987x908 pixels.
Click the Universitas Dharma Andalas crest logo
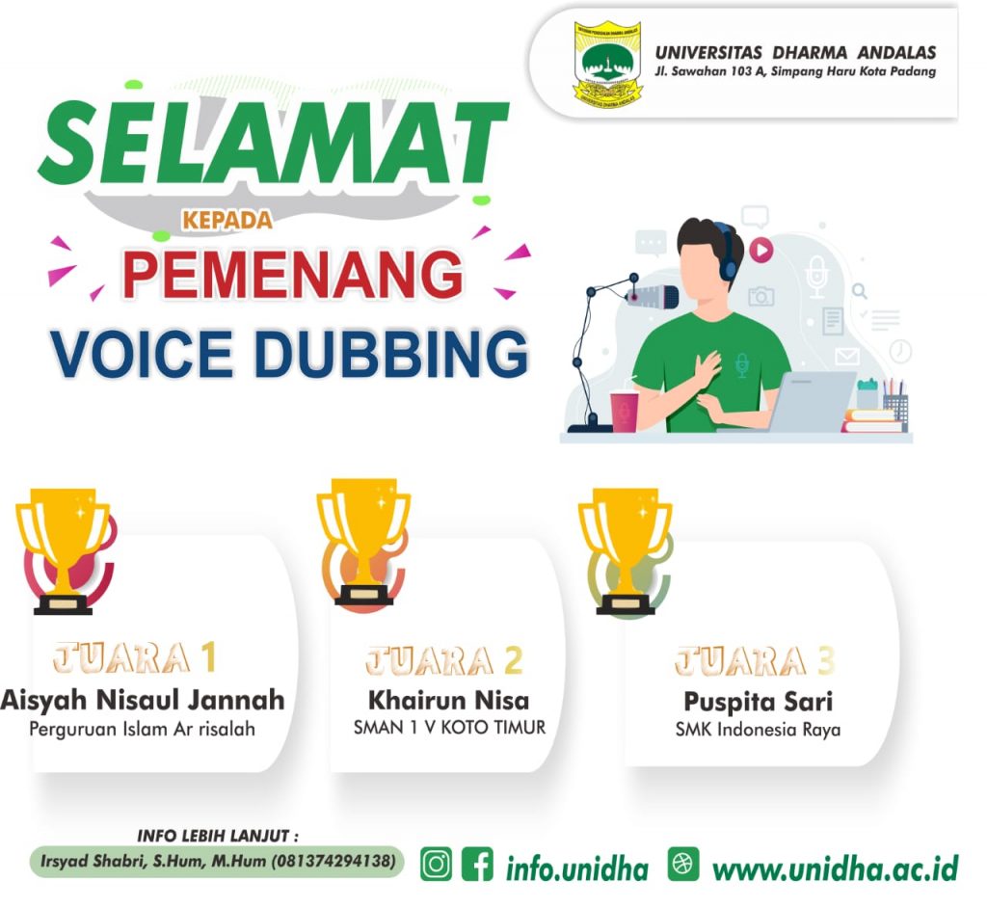pyautogui.click(x=607, y=65)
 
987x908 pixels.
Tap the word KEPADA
pyautogui.click(x=227, y=221)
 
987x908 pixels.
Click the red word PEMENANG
pyautogui.click(x=293, y=275)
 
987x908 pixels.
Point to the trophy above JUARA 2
pyautogui.click(x=363, y=544)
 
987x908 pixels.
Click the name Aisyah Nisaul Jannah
pyautogui.click(x=143, y=700)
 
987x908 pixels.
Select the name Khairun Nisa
pyautogui.click(x=448, y=700)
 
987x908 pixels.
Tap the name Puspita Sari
pyautogui.click(x=758, y=702)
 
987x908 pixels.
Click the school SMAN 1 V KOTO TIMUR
pyautogui.click(x=449, y=728)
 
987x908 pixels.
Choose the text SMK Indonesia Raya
pyautogui.click(x=758, y=730)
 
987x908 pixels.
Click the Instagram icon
pyautogui.click(x=436, y=865)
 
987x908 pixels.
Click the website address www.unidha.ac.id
pyautogui.click(x=836, y=868)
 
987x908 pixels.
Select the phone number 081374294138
pyautogui.click(x=333, y=861)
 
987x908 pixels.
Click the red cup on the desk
pyautogui.click(x=625, y=412)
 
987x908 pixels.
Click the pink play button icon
pyautogui.click(x=761, y=250)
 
